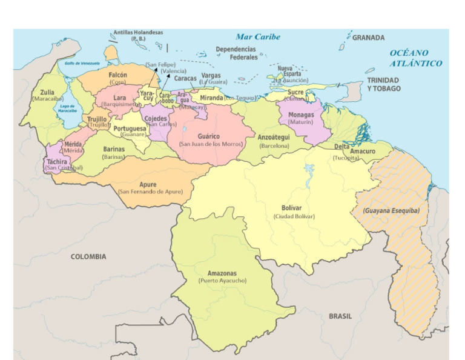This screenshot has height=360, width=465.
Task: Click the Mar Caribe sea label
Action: click(258, 37)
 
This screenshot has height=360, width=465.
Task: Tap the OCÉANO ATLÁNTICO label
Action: click(415, 58)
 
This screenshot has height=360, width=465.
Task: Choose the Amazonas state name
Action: click(222, 273)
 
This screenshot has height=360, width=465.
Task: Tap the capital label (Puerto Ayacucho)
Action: click(222, 281)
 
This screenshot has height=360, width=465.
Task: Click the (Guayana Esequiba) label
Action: click(391, 211)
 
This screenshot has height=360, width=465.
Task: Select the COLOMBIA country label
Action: click(88, 256)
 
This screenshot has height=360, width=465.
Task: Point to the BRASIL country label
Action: click(340, 316)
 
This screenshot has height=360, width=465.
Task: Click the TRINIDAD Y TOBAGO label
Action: click(383, 84)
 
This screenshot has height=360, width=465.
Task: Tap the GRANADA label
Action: click(368, 38)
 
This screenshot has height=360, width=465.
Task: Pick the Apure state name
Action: click(148, 184)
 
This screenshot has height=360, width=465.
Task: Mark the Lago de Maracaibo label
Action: click(67, 108)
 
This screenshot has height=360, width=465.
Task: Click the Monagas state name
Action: click(301, 115)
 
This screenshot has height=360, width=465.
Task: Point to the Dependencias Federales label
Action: click(236, 53)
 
